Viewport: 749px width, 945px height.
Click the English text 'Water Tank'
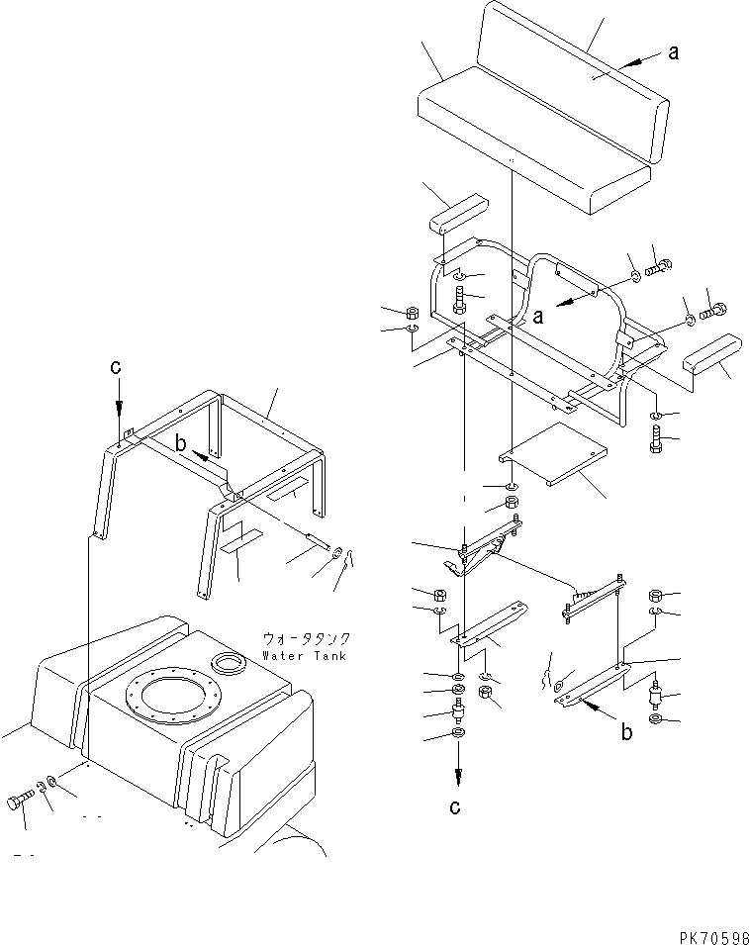point(305,656)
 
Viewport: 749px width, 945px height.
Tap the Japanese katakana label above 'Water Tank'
point(307,639)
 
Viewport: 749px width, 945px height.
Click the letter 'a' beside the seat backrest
point(674,53)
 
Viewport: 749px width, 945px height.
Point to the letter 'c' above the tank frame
point(116,366)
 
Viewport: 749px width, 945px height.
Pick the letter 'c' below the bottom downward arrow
point(455,807)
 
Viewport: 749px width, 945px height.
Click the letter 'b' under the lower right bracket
point(625,734)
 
